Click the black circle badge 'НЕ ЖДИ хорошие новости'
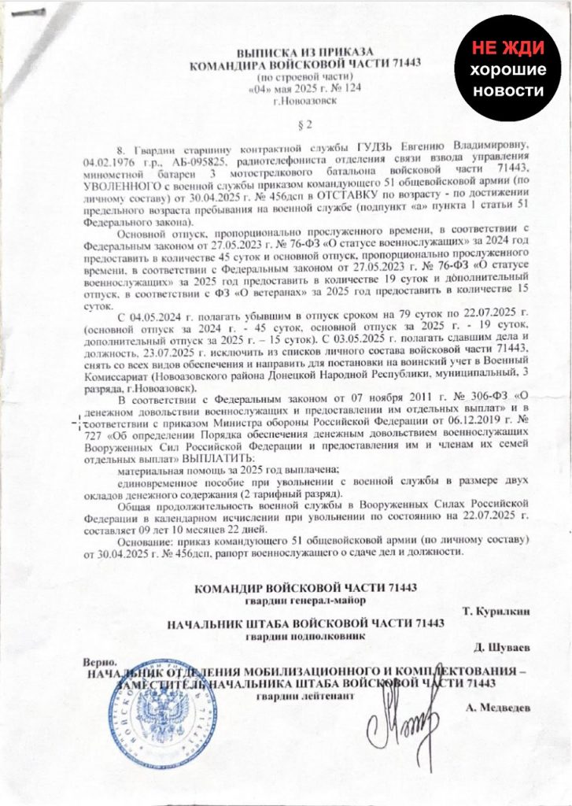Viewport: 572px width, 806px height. [508, 70]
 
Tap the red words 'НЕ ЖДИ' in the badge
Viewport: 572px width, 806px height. [508, 48]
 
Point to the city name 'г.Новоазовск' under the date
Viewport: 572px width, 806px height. [295, 101]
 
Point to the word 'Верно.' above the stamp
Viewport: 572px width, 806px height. [102, 663]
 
